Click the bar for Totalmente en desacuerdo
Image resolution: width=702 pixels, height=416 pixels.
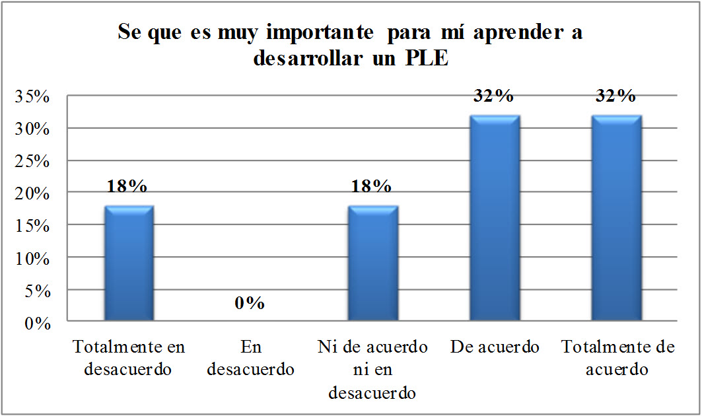(x=129, y=264)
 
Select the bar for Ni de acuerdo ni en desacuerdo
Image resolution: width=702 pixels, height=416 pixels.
(x=372, y=264)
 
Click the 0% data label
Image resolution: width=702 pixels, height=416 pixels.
(x=250, y=303)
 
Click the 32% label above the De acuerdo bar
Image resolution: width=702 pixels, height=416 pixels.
(x=493, y=96)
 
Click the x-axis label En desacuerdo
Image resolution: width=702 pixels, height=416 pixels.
(x=250, y=359)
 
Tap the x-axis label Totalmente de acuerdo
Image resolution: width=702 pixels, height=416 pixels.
(x=618, y=359)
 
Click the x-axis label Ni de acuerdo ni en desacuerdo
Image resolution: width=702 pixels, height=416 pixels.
(x=372, y=370)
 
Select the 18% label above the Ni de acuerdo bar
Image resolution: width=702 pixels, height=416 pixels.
(x=372, y=187)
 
